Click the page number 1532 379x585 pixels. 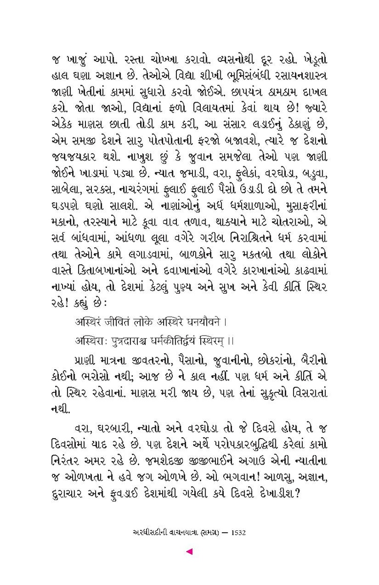pos(237,532)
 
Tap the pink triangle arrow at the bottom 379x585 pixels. pos(189,552)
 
